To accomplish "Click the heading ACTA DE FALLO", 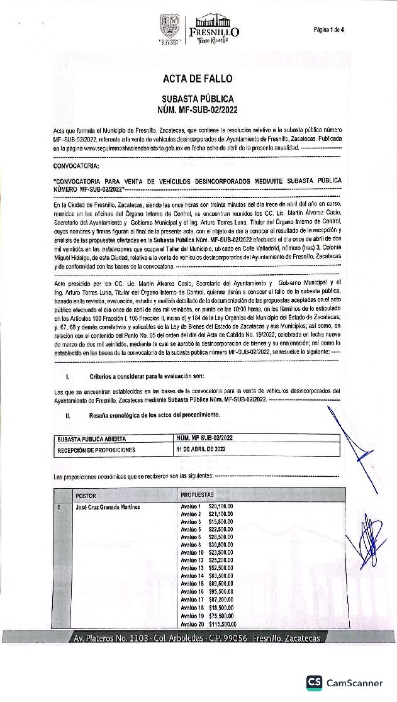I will pos(198,79).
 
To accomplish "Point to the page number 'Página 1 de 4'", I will pos(328,30).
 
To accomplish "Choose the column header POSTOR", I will pos(86,495).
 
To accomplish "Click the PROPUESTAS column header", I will pos(198,495).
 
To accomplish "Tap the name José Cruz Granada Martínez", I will pos(108,506).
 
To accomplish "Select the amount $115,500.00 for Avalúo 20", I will pos(222,625).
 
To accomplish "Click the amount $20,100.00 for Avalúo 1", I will pos(221,506).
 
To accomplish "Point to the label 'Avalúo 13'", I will pos(191,568).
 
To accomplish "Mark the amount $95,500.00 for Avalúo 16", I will pos(221,592).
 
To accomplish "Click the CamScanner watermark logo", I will pos(344,682).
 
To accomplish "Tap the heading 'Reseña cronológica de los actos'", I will pos(155,416).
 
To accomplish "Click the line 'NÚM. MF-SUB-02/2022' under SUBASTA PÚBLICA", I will pos(198,109).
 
